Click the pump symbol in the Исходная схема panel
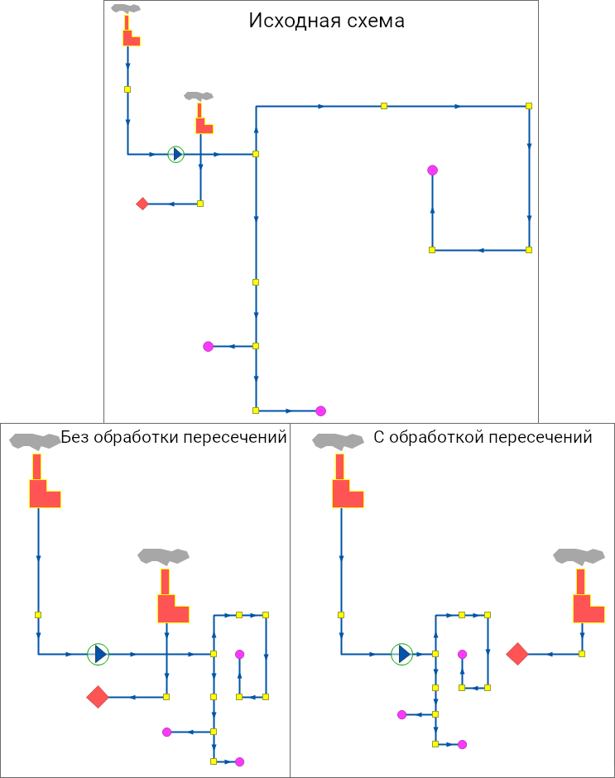click(x=175, y=154)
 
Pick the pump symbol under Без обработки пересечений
click(x=98, y=654)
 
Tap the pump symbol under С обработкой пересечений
click(x=402, y=655)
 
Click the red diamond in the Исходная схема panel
click(x=142, y=204)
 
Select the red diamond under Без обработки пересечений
click(x=98, y=697)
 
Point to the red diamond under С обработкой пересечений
click(x=517, y=654)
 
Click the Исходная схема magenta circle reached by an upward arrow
click(x=432, y=170)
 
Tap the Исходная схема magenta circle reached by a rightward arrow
click(x=320, y=411)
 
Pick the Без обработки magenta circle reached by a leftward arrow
click(x=166, y=732)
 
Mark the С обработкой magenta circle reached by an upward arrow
click(x=462, y=654)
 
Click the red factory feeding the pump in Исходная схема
click(x=129, y=33)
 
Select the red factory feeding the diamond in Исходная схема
click(x=202, y=121)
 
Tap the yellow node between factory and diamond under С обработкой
click(x=582, y=654)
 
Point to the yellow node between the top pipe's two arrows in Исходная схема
click(x=384, y=106)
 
